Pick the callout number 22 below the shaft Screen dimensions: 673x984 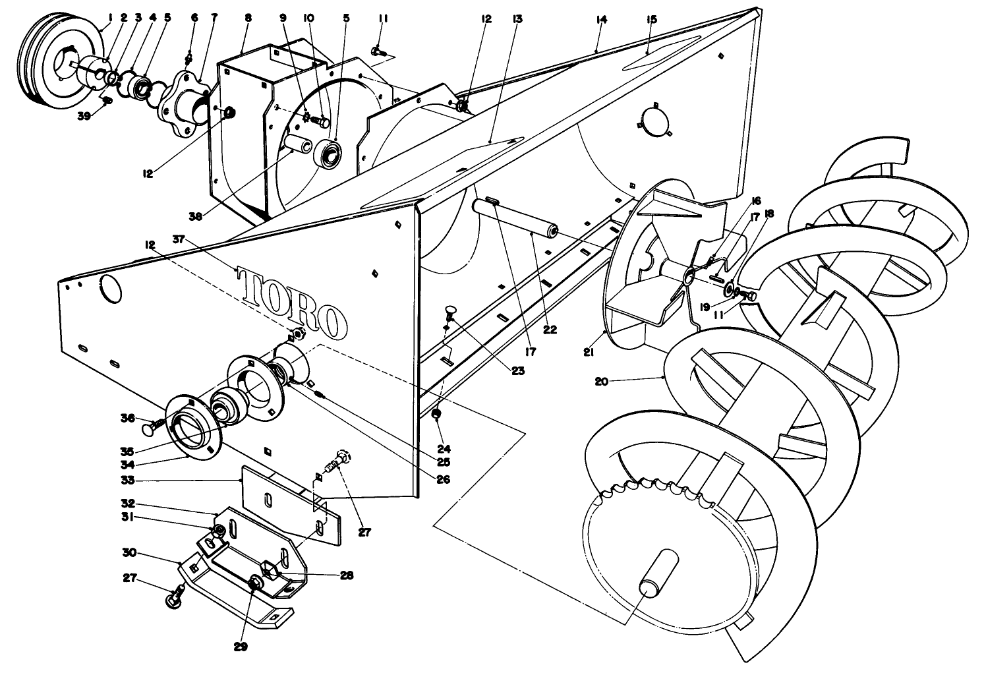point(550,330)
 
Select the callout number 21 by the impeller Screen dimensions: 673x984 point(589,353)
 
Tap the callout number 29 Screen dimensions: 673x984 point(241,647)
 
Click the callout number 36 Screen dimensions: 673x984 point(127,417)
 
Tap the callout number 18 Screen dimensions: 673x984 point(769,214)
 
